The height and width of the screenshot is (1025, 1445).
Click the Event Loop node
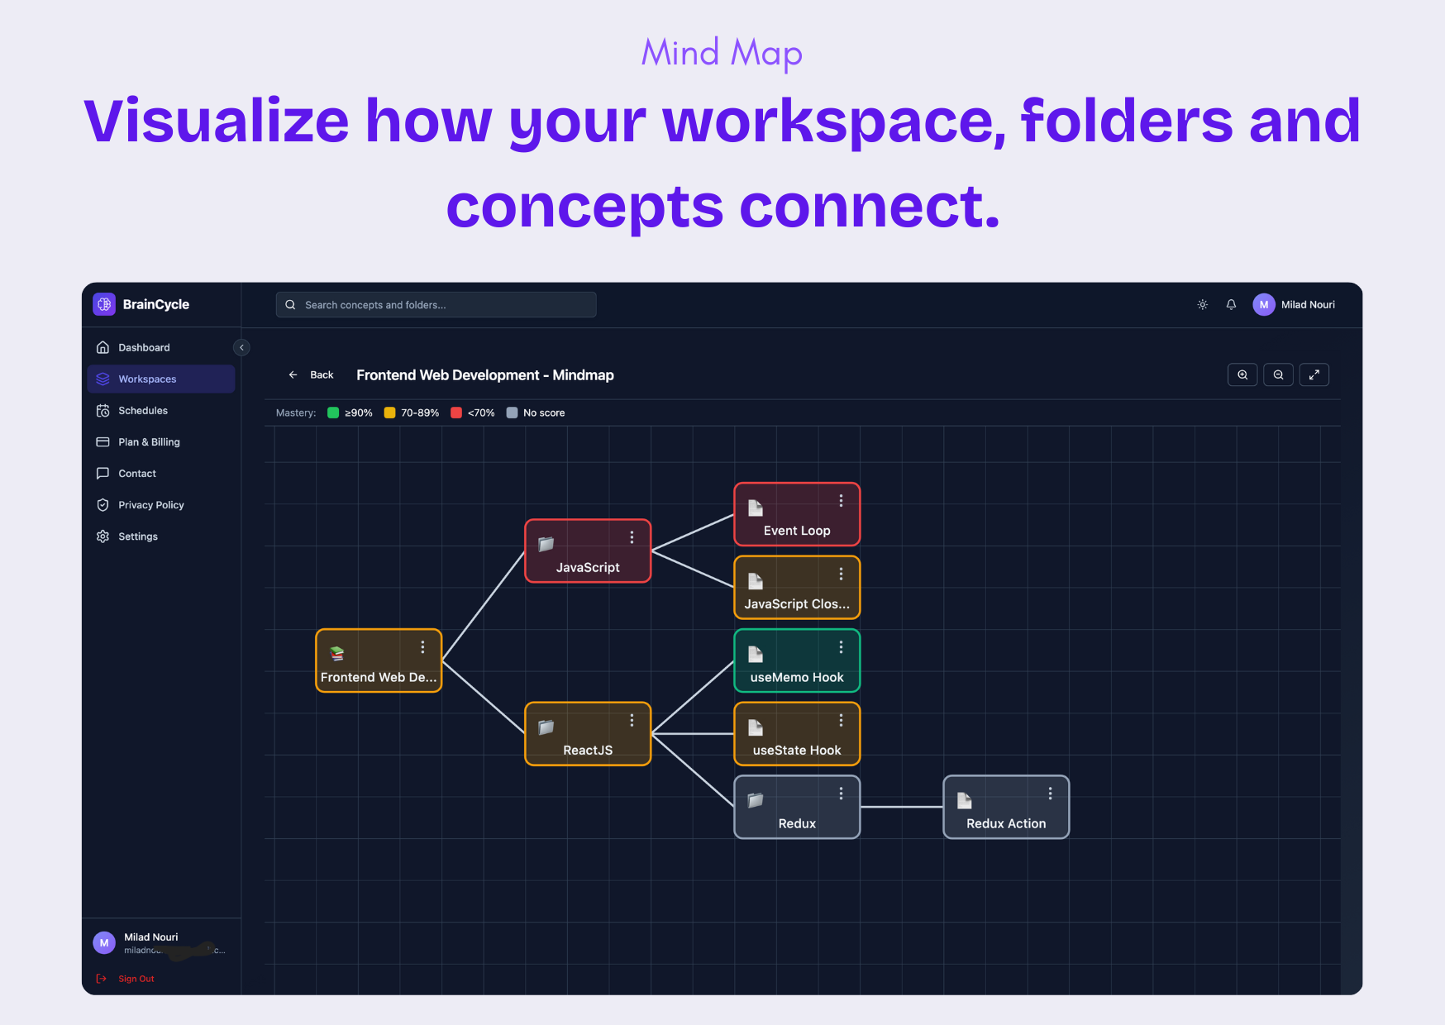[x=797, y=515]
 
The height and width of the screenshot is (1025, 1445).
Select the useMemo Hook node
[x=797, y=661]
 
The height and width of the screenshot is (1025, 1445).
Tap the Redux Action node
[x=1006, y=808]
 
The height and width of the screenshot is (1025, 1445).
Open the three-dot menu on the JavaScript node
[x=632, y=537]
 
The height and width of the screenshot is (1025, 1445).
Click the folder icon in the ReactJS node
[x=546, y=727]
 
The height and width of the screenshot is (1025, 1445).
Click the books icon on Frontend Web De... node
[x=337, y=654]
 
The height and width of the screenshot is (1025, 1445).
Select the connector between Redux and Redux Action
[x=902, y=807]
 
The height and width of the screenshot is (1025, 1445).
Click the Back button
[x=312, y=375]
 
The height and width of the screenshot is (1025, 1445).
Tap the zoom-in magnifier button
[x=1242, y=375]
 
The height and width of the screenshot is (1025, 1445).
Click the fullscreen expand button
[x=1314, y=375]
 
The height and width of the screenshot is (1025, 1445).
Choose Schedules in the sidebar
[x=143, y=411]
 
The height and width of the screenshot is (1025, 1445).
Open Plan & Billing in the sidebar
[x=149, y=442]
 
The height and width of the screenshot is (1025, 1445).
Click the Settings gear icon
[x=103, y=536]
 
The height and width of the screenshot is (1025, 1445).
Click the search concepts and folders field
[x=436, y=305]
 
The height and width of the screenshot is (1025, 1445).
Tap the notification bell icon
[x=1231, y=305]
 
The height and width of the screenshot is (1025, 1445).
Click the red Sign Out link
[x=136, y=979]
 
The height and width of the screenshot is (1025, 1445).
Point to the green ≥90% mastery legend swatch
[x=333, y=412]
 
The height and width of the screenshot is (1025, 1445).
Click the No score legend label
[x=544, y=413]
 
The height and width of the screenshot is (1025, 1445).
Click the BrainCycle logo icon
[x=104, y=304]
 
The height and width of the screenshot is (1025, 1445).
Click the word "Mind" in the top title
[x=680, y=53]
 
